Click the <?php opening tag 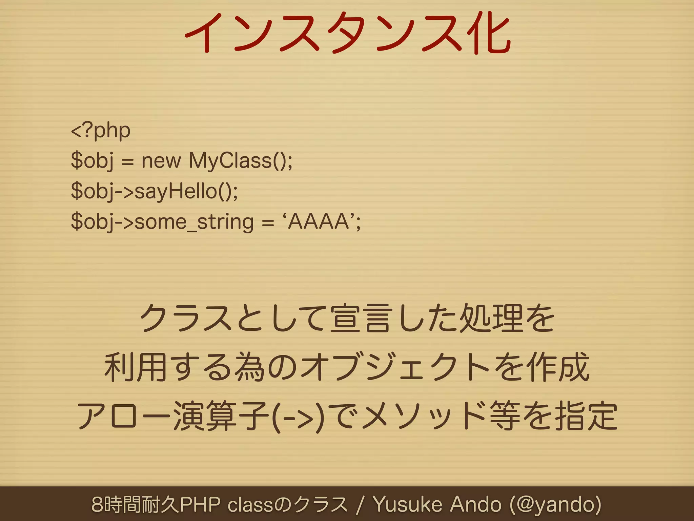(x=101, y=131)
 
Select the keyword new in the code (x=161, y=160)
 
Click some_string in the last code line (x=194, y=222)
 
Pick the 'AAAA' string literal (x=319, y=222)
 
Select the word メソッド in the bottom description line (x=424, y=417)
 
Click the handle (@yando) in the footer (x=556, y=504)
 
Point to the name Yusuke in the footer (x=407, y=504)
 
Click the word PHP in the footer (x=200, y=504)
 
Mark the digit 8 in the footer (x=97, y=504)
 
